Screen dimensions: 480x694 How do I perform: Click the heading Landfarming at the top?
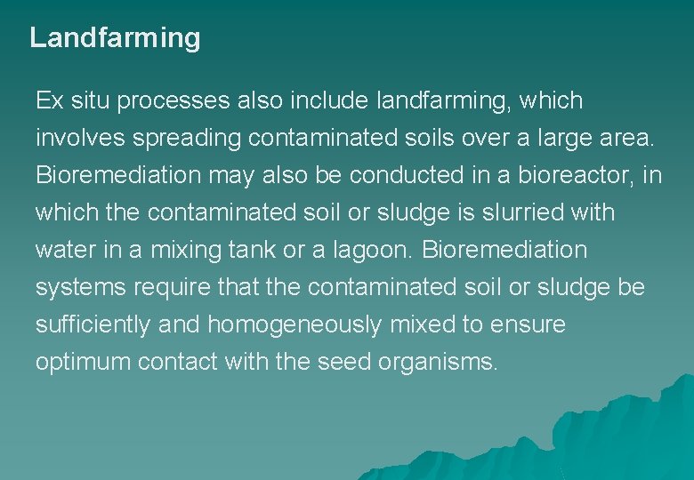(115, 38)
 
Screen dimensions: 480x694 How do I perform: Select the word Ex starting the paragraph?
(48, 101)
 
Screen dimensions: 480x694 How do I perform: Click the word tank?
(254, 251)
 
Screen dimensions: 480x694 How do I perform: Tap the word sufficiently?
(93, 325)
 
